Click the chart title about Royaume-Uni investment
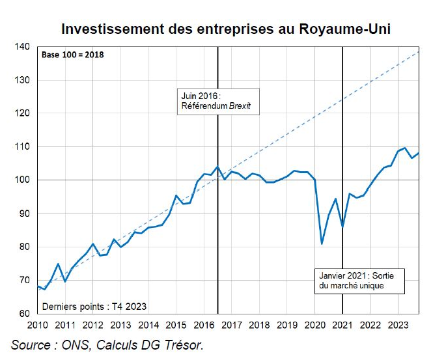(226, 30)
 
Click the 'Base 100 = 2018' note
(73, 55)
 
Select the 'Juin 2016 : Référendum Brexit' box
(218, 102)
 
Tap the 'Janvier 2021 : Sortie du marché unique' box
(359, 281)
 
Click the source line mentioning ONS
(107, 345)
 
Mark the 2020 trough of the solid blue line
(322, 244)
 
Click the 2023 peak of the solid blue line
(405, 148)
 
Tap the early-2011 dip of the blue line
(65, 281)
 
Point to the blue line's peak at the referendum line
(217, 167)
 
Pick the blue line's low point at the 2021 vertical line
(342, 225)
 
